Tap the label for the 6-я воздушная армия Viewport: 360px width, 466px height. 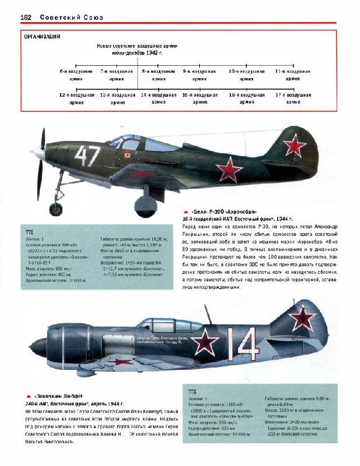(x=72, y=74)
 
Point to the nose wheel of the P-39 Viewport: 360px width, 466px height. (x=57, y=209)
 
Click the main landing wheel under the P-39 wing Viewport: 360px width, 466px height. (x=145, y=206)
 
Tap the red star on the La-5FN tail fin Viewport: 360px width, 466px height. (x=302, y=317)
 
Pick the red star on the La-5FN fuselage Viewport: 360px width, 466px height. (x=206, y=341)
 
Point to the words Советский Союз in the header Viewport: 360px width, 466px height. (x=72, y=17)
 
